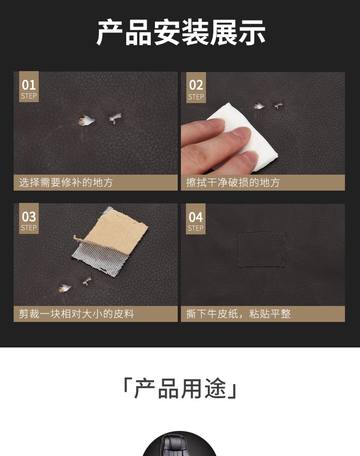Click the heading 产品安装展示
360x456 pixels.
click(180, 33)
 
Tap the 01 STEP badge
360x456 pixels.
click(29, 88)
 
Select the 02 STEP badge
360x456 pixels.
click(196, 88)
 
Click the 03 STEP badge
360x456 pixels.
click(29, 220)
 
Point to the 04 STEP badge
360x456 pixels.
click(195, 220)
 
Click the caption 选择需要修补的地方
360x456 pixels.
click(66, 183)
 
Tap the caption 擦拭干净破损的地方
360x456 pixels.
click(233, 183)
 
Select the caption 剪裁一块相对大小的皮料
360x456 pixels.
click(77, 314)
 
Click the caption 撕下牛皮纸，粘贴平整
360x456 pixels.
click(238, 314)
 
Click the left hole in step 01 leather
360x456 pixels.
click(86, 120)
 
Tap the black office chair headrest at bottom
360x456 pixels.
click(180, 445)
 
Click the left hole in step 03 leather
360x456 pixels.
click(65, 288)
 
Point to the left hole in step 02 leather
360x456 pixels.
click(259, 106)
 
